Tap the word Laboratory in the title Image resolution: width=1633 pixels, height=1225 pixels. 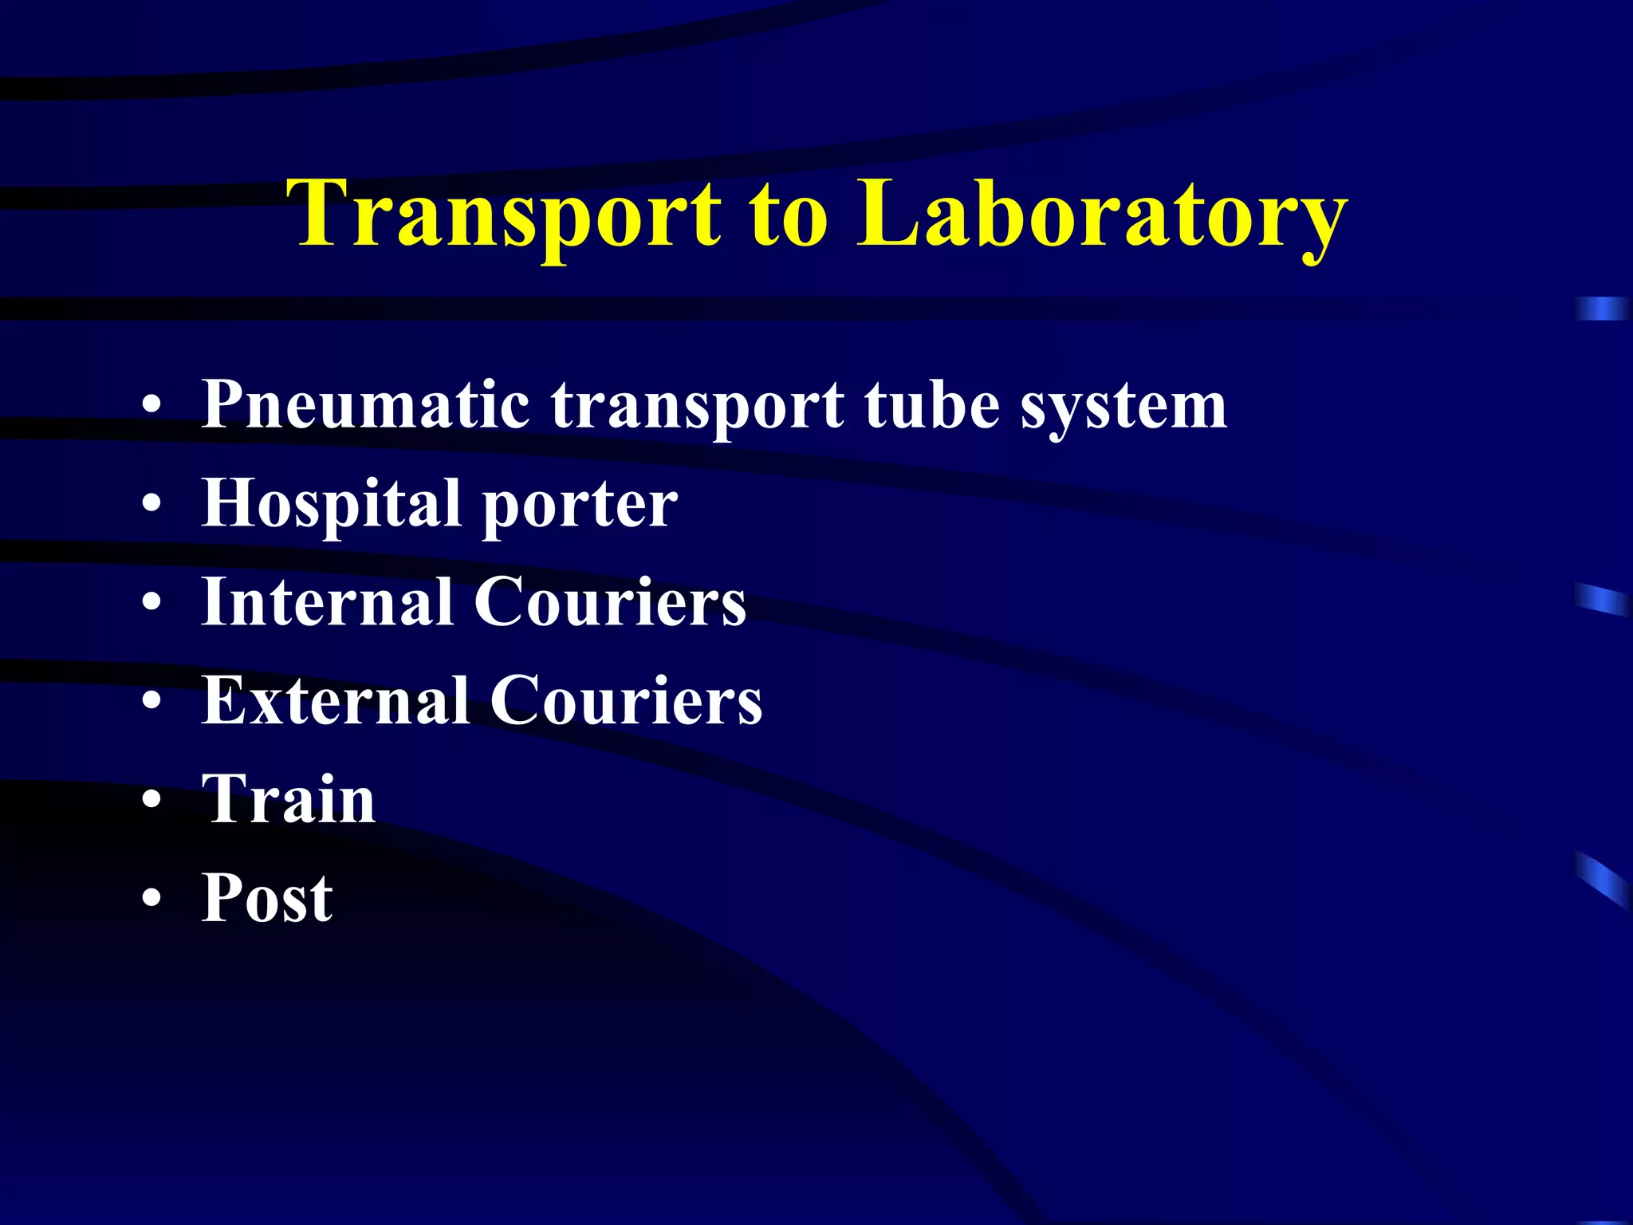click(x=1102, y=214)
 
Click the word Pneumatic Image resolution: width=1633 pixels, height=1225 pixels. click(x=366, y=405)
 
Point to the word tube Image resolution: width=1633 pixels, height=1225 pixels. click(x=932, y=405)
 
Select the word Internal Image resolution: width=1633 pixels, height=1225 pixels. click(x=328, y=602)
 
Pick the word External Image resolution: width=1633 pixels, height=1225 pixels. click(x=336, y=701)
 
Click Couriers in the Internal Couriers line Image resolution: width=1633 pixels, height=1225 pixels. click(x=610, y=602)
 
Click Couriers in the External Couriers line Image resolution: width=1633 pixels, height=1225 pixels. click(x=626, y=701)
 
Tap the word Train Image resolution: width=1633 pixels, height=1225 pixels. click(x=289, y=799)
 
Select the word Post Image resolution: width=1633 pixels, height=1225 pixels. click(x=267, y=898)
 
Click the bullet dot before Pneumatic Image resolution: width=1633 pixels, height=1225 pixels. click(x=151, y=407)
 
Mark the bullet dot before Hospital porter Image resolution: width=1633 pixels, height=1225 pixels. click(x=151, y=505)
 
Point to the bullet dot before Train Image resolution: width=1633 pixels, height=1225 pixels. click(x=151, y=800)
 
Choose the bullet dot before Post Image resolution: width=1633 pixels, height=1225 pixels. click(x=151, y=899)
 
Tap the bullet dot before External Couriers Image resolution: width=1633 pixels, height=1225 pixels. click(x=151, y=702)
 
